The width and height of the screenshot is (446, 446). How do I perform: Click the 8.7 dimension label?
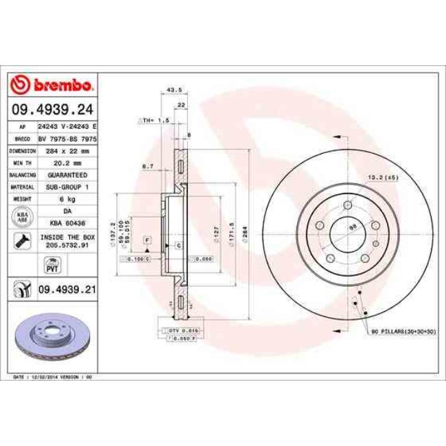pyautogui.click(x=147, y=165)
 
